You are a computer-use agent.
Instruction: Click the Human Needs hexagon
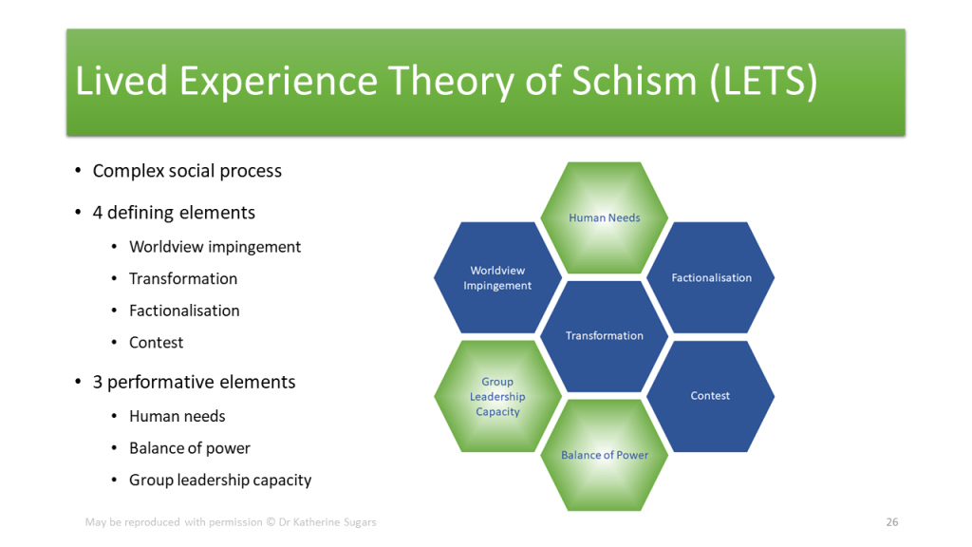click(x=605, y=218)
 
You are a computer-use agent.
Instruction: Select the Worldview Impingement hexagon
click(x=497, y=278)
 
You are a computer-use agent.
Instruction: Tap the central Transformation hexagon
click(x=605, y=336)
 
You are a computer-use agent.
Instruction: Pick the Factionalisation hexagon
click(x=711, y=278)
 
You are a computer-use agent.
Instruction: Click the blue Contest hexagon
click(x=710, y=396)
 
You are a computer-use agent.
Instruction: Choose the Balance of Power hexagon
click(x=605, y=455)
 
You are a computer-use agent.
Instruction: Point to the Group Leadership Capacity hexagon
click(x=497, y=397)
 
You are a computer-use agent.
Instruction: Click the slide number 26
click(x=892, y=522)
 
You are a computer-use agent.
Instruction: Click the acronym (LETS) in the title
click(x=763, y=82)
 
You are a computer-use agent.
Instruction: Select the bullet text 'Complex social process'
click(x=187, y=172)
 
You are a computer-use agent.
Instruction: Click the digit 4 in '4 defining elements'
click(x=98, y=213)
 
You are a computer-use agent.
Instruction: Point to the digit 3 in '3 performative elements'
click(x=98, y=383)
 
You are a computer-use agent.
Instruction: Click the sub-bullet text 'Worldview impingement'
click(x=215, y=247)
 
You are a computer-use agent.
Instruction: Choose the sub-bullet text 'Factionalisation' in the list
click(x=184, y=311)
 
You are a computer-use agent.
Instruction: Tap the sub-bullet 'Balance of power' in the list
click(x=190, y=448)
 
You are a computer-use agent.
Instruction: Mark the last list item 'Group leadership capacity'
click(x=220, y=481)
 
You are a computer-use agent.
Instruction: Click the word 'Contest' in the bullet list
click(x=157, y=343)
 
